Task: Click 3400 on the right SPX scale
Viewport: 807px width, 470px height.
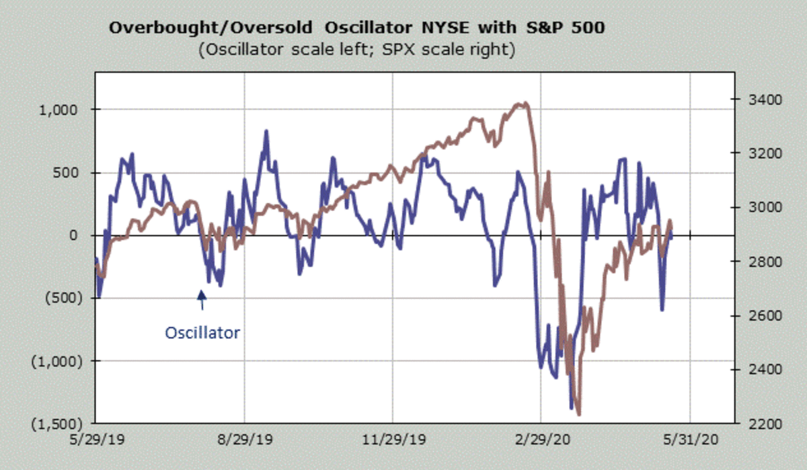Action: pos(748,100)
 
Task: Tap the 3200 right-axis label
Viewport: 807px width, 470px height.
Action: pos(748,153)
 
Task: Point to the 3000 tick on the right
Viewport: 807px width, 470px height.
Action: pos(748,208)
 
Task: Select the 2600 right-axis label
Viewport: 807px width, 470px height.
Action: pos(748,315)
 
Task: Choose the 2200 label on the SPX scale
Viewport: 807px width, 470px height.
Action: pos(748,424)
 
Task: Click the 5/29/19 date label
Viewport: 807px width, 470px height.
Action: pos(94,440)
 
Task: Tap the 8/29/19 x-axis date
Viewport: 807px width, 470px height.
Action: pos(243,440)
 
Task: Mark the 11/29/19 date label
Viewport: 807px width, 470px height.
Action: pos(391,440)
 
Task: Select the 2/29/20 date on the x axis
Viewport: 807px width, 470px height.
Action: pos(541,440)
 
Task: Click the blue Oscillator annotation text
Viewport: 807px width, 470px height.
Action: pos(202,332)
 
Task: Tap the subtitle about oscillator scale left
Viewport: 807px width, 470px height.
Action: pos(357,50)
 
